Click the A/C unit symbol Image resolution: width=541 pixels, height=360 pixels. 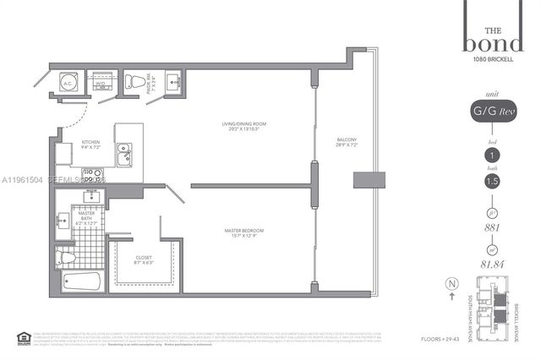(67, 83)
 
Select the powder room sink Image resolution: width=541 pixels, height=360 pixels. (172, 82)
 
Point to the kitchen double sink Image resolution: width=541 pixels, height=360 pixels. (124, 155)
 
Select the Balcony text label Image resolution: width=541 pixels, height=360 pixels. (347, 142)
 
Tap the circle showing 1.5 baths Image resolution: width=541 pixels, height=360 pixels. (491, 181)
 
